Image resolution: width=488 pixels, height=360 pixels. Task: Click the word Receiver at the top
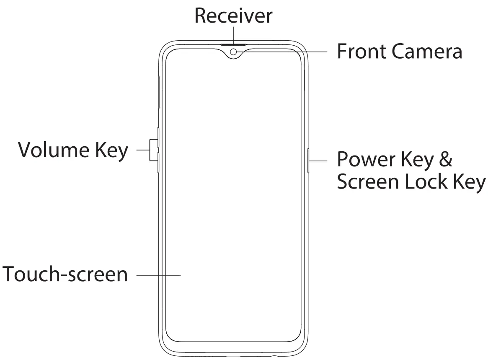[x=233, y=16]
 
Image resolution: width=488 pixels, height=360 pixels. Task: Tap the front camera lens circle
[x=233, y=52]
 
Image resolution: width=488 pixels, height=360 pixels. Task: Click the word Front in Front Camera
[x=361, y=52]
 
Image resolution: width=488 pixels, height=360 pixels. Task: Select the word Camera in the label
[x=427, y=52]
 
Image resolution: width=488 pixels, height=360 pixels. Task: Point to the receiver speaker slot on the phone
[x=233, y=43]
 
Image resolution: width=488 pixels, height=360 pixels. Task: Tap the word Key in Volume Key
[x=111, y=151]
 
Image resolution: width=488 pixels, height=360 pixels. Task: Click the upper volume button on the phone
[x=159, y=138]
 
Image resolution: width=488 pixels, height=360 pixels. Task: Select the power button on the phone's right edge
[x=308, y=161]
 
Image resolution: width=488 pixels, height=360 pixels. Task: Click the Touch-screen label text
[x=65, y=275]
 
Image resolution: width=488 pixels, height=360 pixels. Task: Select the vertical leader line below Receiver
[x=233, y=34]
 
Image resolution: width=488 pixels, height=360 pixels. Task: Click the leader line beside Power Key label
[x=318, y=161]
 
